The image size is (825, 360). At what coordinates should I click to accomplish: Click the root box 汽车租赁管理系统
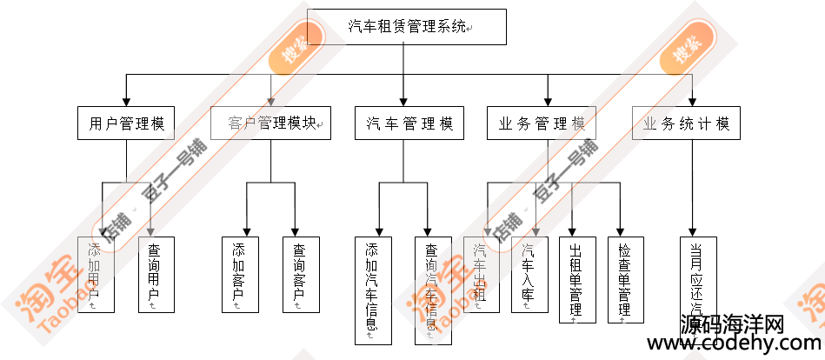click(407, 26)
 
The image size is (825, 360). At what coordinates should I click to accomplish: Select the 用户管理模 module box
click(127, 123)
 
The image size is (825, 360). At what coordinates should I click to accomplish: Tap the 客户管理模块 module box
click(271, 123)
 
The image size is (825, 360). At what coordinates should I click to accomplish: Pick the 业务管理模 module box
click(547, 123)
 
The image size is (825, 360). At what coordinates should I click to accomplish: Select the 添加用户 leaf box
click(96, 275)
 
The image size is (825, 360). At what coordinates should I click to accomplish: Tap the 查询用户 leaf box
click(156, 275)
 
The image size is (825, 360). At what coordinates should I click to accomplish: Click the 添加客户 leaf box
click(240, 275)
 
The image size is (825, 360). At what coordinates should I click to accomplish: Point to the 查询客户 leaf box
click(300, 275)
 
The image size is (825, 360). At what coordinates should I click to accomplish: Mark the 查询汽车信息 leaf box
click(433, 290)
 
